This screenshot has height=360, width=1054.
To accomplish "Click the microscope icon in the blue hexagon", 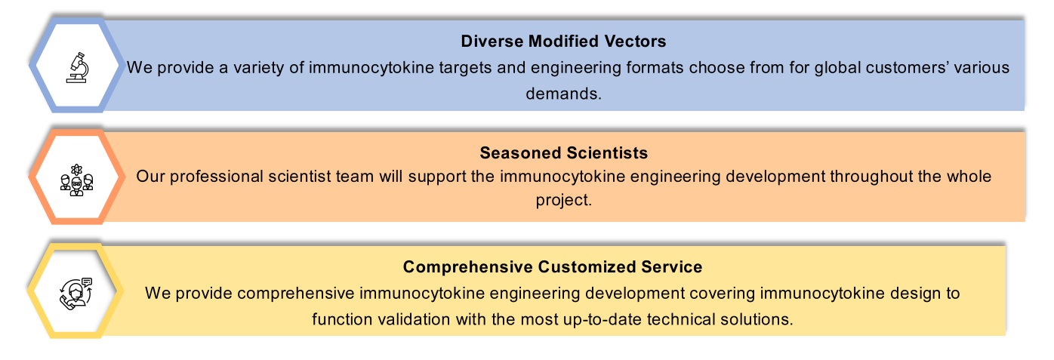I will click(x=76, y=67).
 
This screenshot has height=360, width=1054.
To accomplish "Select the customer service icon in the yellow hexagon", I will click(x=76, y=291).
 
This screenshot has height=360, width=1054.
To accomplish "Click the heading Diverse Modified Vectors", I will click(x=563, y=40).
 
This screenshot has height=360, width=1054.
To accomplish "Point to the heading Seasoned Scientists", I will click(x=563, y=153).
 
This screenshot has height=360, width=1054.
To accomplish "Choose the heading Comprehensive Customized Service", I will click(x=553, y=266).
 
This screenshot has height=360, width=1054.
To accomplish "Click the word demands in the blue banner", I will click(x=563, y=94).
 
